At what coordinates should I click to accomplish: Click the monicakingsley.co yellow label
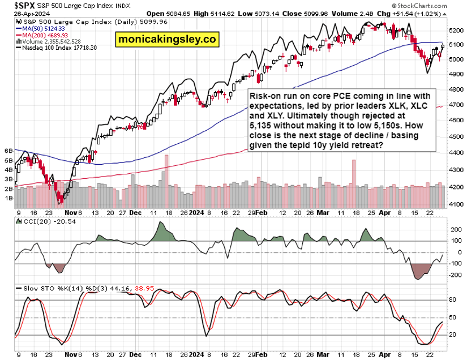click(167, 40)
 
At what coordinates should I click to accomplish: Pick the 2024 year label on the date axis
click(196, 213)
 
